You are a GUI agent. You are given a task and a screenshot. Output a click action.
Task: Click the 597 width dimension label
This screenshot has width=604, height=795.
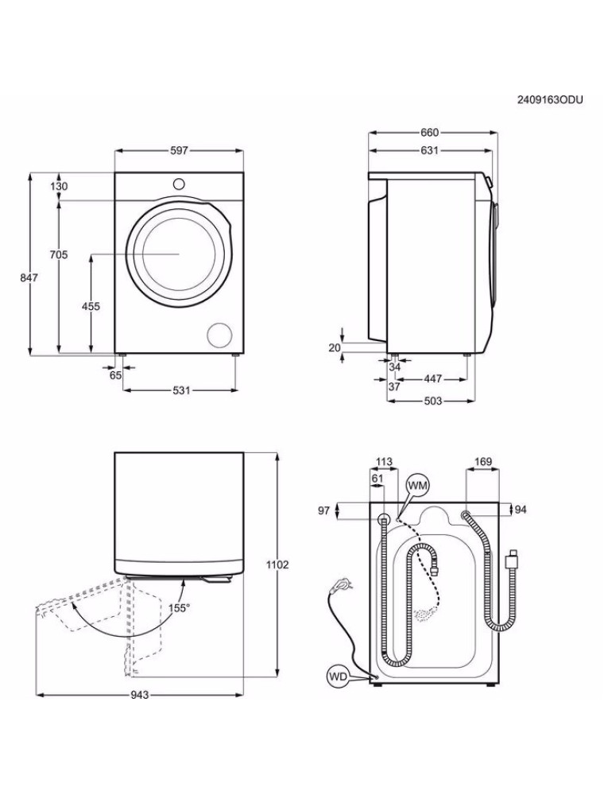179,150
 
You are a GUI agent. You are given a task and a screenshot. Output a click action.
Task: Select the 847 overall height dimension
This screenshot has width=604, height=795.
29,277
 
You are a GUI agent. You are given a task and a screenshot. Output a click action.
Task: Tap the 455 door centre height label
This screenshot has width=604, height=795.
91,306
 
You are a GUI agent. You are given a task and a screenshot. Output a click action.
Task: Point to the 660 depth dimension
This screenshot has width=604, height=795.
429,132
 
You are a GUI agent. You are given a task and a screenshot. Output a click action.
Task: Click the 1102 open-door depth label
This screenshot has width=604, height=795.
277,564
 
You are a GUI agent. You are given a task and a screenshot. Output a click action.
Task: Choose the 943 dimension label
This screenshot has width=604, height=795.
139,695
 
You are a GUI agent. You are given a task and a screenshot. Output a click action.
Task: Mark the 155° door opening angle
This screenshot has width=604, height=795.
180,608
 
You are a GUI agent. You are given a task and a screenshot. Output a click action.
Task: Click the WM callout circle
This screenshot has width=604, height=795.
418,486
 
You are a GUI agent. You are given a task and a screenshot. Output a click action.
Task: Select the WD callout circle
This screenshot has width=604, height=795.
338,677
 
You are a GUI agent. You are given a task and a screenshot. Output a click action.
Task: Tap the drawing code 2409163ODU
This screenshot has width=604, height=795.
550,100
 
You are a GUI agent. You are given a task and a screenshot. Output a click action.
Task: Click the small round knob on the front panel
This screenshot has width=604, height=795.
179,184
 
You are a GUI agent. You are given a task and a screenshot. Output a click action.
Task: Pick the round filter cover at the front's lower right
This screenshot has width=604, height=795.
220,335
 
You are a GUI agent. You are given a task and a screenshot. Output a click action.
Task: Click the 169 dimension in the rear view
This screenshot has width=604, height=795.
483,462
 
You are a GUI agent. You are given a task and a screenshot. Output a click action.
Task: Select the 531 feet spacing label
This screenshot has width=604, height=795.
181,390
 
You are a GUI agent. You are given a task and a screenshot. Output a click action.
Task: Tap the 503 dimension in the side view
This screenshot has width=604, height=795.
432,401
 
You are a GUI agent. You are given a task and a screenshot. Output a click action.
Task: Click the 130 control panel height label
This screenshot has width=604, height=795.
59,186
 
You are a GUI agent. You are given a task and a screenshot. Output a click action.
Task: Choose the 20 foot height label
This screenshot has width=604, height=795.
335,348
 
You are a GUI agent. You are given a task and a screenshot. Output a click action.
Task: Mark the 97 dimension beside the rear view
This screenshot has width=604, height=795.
324,510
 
